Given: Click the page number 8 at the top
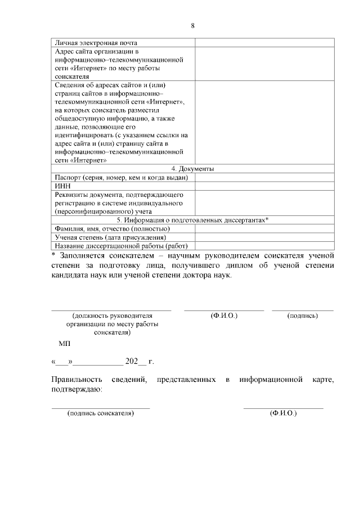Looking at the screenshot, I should [x=192, y=26].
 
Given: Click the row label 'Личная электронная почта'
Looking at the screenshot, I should [x=96, y=43].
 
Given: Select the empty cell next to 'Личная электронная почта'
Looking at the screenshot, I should [x=264, y=43].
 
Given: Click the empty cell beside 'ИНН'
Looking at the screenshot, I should [x=264, y=186].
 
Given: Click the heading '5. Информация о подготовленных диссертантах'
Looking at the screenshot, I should [x=192, y=220].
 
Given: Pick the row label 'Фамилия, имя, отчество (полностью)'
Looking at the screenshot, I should [x=112, y=229].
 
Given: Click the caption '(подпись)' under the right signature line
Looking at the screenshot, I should [x=303, y=316].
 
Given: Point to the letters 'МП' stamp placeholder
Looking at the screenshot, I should [x=64, y=343].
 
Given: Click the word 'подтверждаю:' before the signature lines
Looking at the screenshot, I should [x=76, y=389].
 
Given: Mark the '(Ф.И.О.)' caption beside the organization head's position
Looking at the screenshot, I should [x=224, y=316].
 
